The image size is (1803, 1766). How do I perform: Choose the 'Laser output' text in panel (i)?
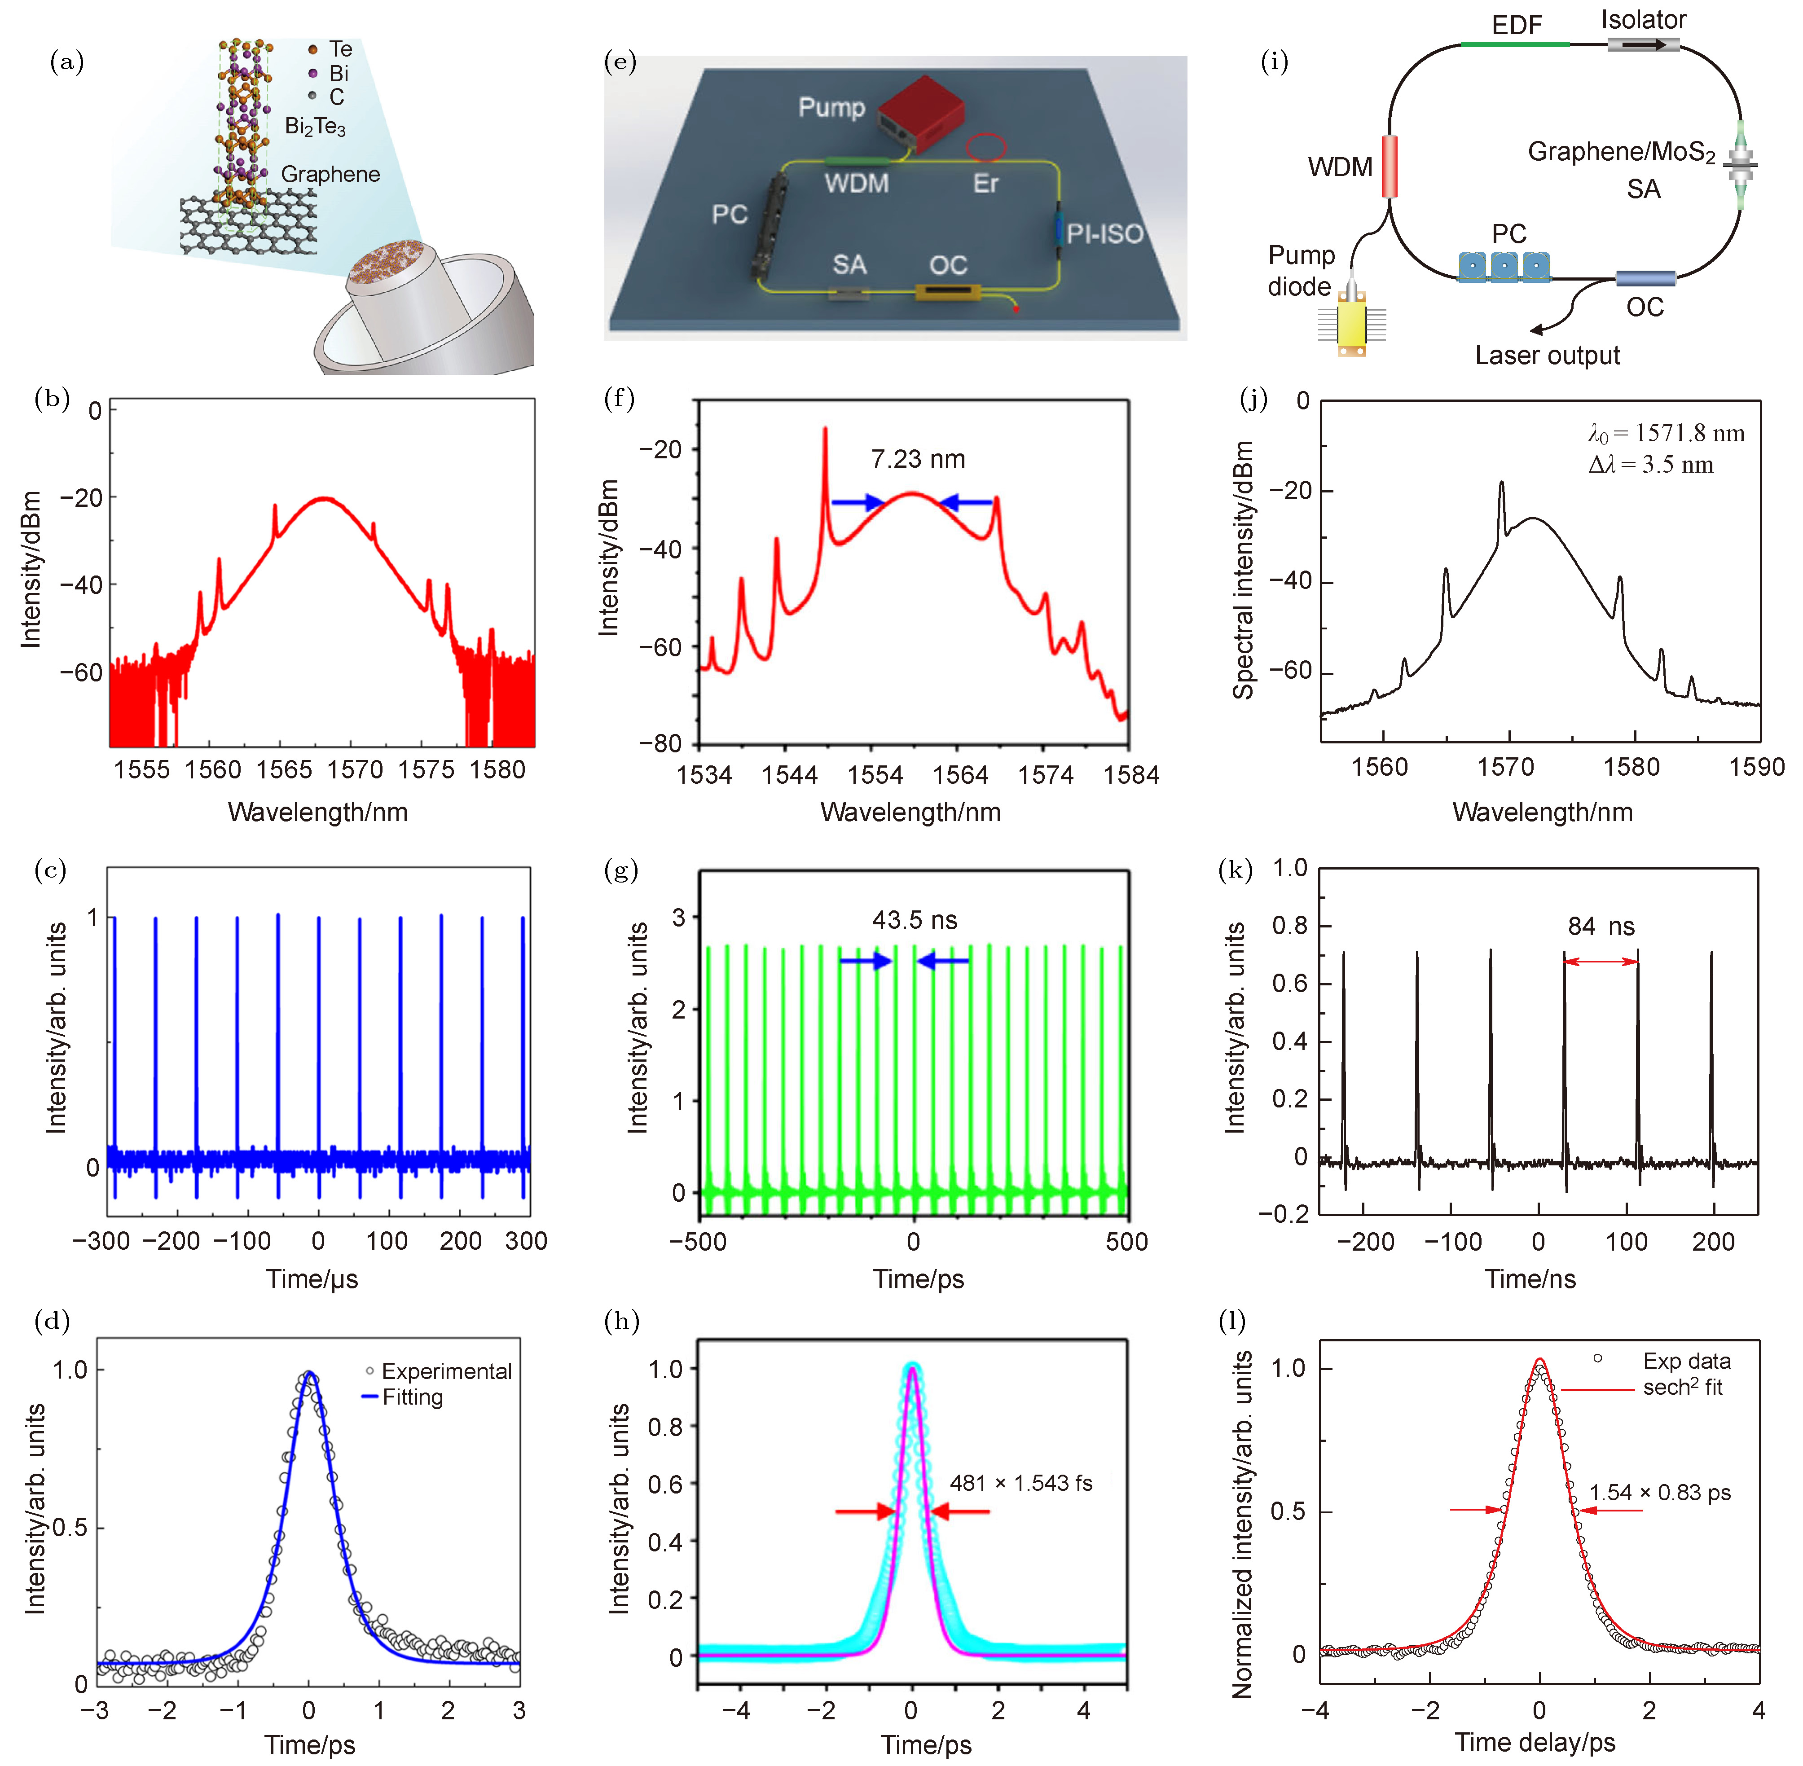[x=1547, y=355]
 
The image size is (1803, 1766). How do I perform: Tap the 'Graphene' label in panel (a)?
[x=330, y=174]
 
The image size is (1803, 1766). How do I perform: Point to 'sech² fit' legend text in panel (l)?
[x=1682, y=1388]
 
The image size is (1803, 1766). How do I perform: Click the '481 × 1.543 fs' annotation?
[x=1020, y=1483]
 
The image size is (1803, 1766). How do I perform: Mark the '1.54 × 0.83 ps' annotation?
[x=1659, y=1492]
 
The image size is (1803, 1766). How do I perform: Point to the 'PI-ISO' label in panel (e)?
[x=1104, y=234]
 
